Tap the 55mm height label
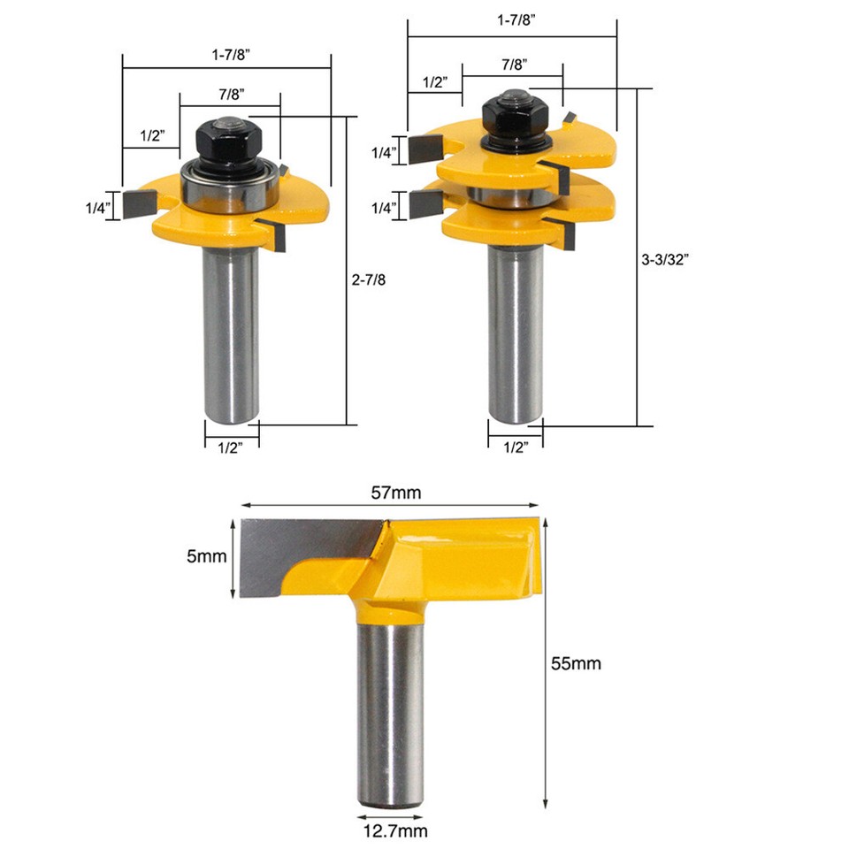pos(575,663)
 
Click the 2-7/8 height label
pos(371,277)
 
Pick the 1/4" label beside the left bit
pos(96,208)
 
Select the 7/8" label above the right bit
pos(513,64)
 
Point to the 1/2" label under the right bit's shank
pos(514,447)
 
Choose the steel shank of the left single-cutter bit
pos(232,336)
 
